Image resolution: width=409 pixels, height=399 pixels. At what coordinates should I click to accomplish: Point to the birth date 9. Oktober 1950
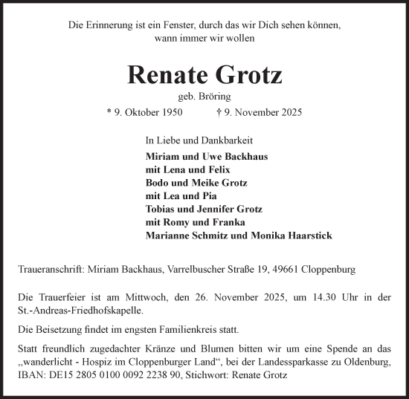click(150, 112)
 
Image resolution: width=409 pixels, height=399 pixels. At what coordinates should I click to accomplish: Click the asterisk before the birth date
click(109, 112)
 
